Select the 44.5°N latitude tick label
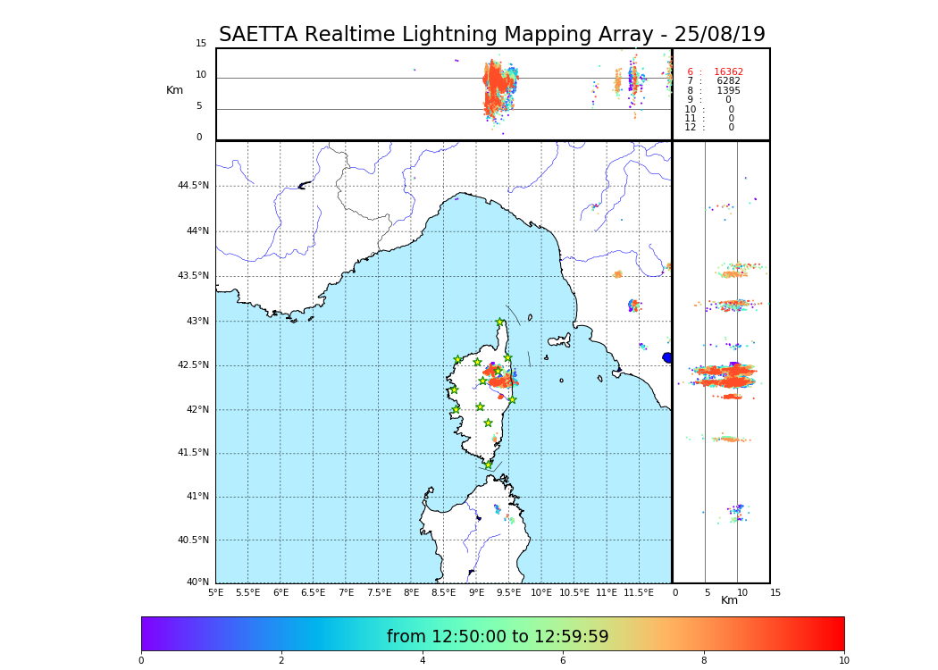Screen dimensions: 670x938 pyautogui.click(x=193, y=186)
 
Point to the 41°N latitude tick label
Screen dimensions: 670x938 pyautogui.click(x=197, y=497)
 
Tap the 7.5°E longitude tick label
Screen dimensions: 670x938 pyautogui.click(x=378, y=592)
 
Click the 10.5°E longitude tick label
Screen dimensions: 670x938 pyautogui.click(x=574, y=592)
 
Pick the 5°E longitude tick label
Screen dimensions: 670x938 pyautogui.click(x=216, y=592)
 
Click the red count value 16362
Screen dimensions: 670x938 pyautogui.click(x=728, y=72)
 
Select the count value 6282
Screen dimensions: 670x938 pyautogui.click(x=728, y=81)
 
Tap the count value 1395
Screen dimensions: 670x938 pyautogui.click(x=728, y=91)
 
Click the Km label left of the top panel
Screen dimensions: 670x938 pyautogui.click(x=174, y=90)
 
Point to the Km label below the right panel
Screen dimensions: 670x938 pyautogui.click(x=729, y=600)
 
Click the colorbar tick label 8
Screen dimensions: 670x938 pyautogui.click(x=704, y=660)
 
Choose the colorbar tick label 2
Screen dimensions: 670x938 pyautogui.click(x=281, y=660)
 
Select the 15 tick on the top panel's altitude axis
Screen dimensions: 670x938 pyautogui.click(x=201, y=44)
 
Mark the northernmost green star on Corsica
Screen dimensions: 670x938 pyautogui.click(x=500, y=322)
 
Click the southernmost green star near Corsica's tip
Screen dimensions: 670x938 pyautogui.click(x=488, y=465)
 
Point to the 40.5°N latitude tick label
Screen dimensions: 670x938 pyautogui.click(x=193, y=540)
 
